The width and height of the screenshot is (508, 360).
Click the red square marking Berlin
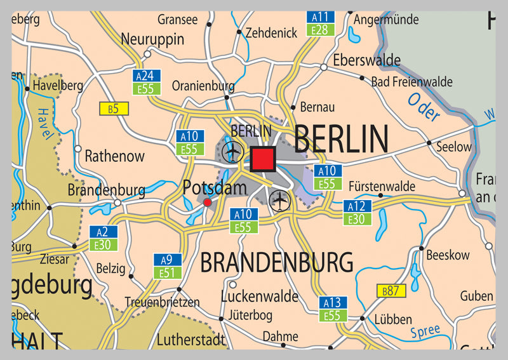click(262, 159)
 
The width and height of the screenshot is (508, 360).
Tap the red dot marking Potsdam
click(207, 202)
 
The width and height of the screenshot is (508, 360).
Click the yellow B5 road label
click(113, 109)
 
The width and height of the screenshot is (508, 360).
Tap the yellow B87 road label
click(391, 291)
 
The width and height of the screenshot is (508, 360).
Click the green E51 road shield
click(167, 272)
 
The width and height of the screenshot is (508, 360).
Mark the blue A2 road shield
click(103, 232)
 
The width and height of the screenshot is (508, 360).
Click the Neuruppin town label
click(152, 39)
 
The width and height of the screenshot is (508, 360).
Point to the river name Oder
click(423, 107)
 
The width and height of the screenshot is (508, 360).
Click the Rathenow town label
click(115, 156)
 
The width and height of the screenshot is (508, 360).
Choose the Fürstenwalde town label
click(382, 187)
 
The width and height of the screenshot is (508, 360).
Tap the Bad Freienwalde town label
click(412, 82)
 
